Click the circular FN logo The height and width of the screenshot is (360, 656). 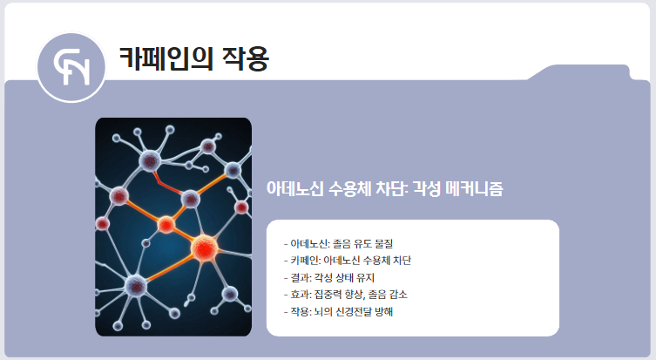tap(71, 68)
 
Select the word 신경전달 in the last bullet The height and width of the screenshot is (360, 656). tap(355, 310)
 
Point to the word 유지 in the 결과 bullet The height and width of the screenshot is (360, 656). tap(365, 277)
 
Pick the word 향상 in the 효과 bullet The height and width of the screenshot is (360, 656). tap(356, 294)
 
